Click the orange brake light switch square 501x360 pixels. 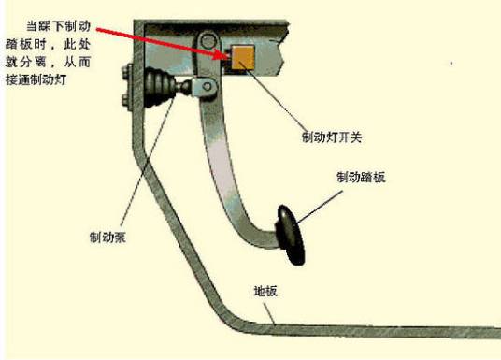coord(243,57)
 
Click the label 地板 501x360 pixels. coord(265,291)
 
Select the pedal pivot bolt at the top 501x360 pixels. coord(208,41)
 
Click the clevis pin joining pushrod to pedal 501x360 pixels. coord(204,89)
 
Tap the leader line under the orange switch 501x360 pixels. coord(280,97)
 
